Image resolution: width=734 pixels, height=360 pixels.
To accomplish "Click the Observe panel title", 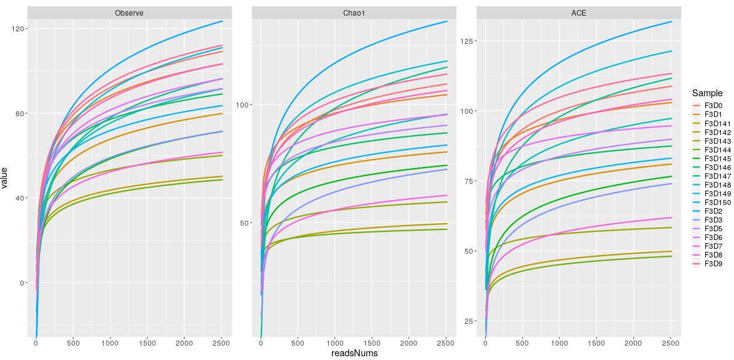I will [x=130, y=13].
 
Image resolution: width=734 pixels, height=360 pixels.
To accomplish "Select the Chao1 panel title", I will [x=354, y=13].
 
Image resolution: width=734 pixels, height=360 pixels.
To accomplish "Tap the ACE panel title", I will [x=579, y=13].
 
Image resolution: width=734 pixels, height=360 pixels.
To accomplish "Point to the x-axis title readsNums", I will [x=354, y=353].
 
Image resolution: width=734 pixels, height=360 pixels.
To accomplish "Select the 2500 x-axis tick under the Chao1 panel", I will [x=445, y=343].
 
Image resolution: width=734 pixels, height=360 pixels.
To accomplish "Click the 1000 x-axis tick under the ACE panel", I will [x=560, y=343].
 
